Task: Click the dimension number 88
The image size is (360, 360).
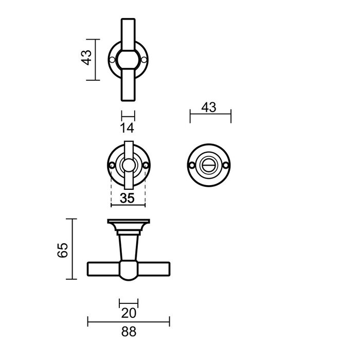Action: pyautogui.click(x=129, y=332)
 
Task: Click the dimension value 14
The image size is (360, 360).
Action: pyautogui.click(x=127, y=128)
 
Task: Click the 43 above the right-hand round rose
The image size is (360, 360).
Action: pyautogui.click(x=209, y=107)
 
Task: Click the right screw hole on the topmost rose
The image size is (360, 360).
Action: pyautogui.click(x=143, y=60)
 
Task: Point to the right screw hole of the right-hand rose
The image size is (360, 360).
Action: pyautogui.click(x=229, y=165)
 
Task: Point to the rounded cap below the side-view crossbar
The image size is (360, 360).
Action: pyautogui.click(x=129, y=278)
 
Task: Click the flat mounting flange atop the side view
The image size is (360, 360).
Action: pyautogui.click(x=129, y=222)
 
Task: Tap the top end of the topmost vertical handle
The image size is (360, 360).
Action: pyautogui.click(x=128, y=22)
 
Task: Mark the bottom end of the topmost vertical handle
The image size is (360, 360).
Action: pyautogui.click(x=128, y=99)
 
